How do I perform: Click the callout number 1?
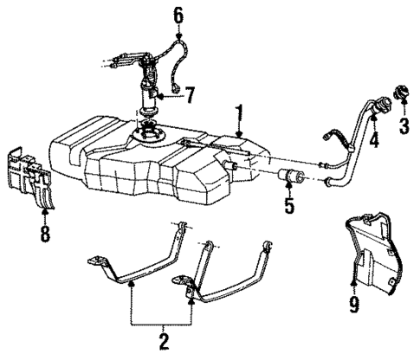240,112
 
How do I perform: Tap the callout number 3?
402,126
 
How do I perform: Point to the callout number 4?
374,140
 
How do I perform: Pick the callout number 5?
290,208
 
